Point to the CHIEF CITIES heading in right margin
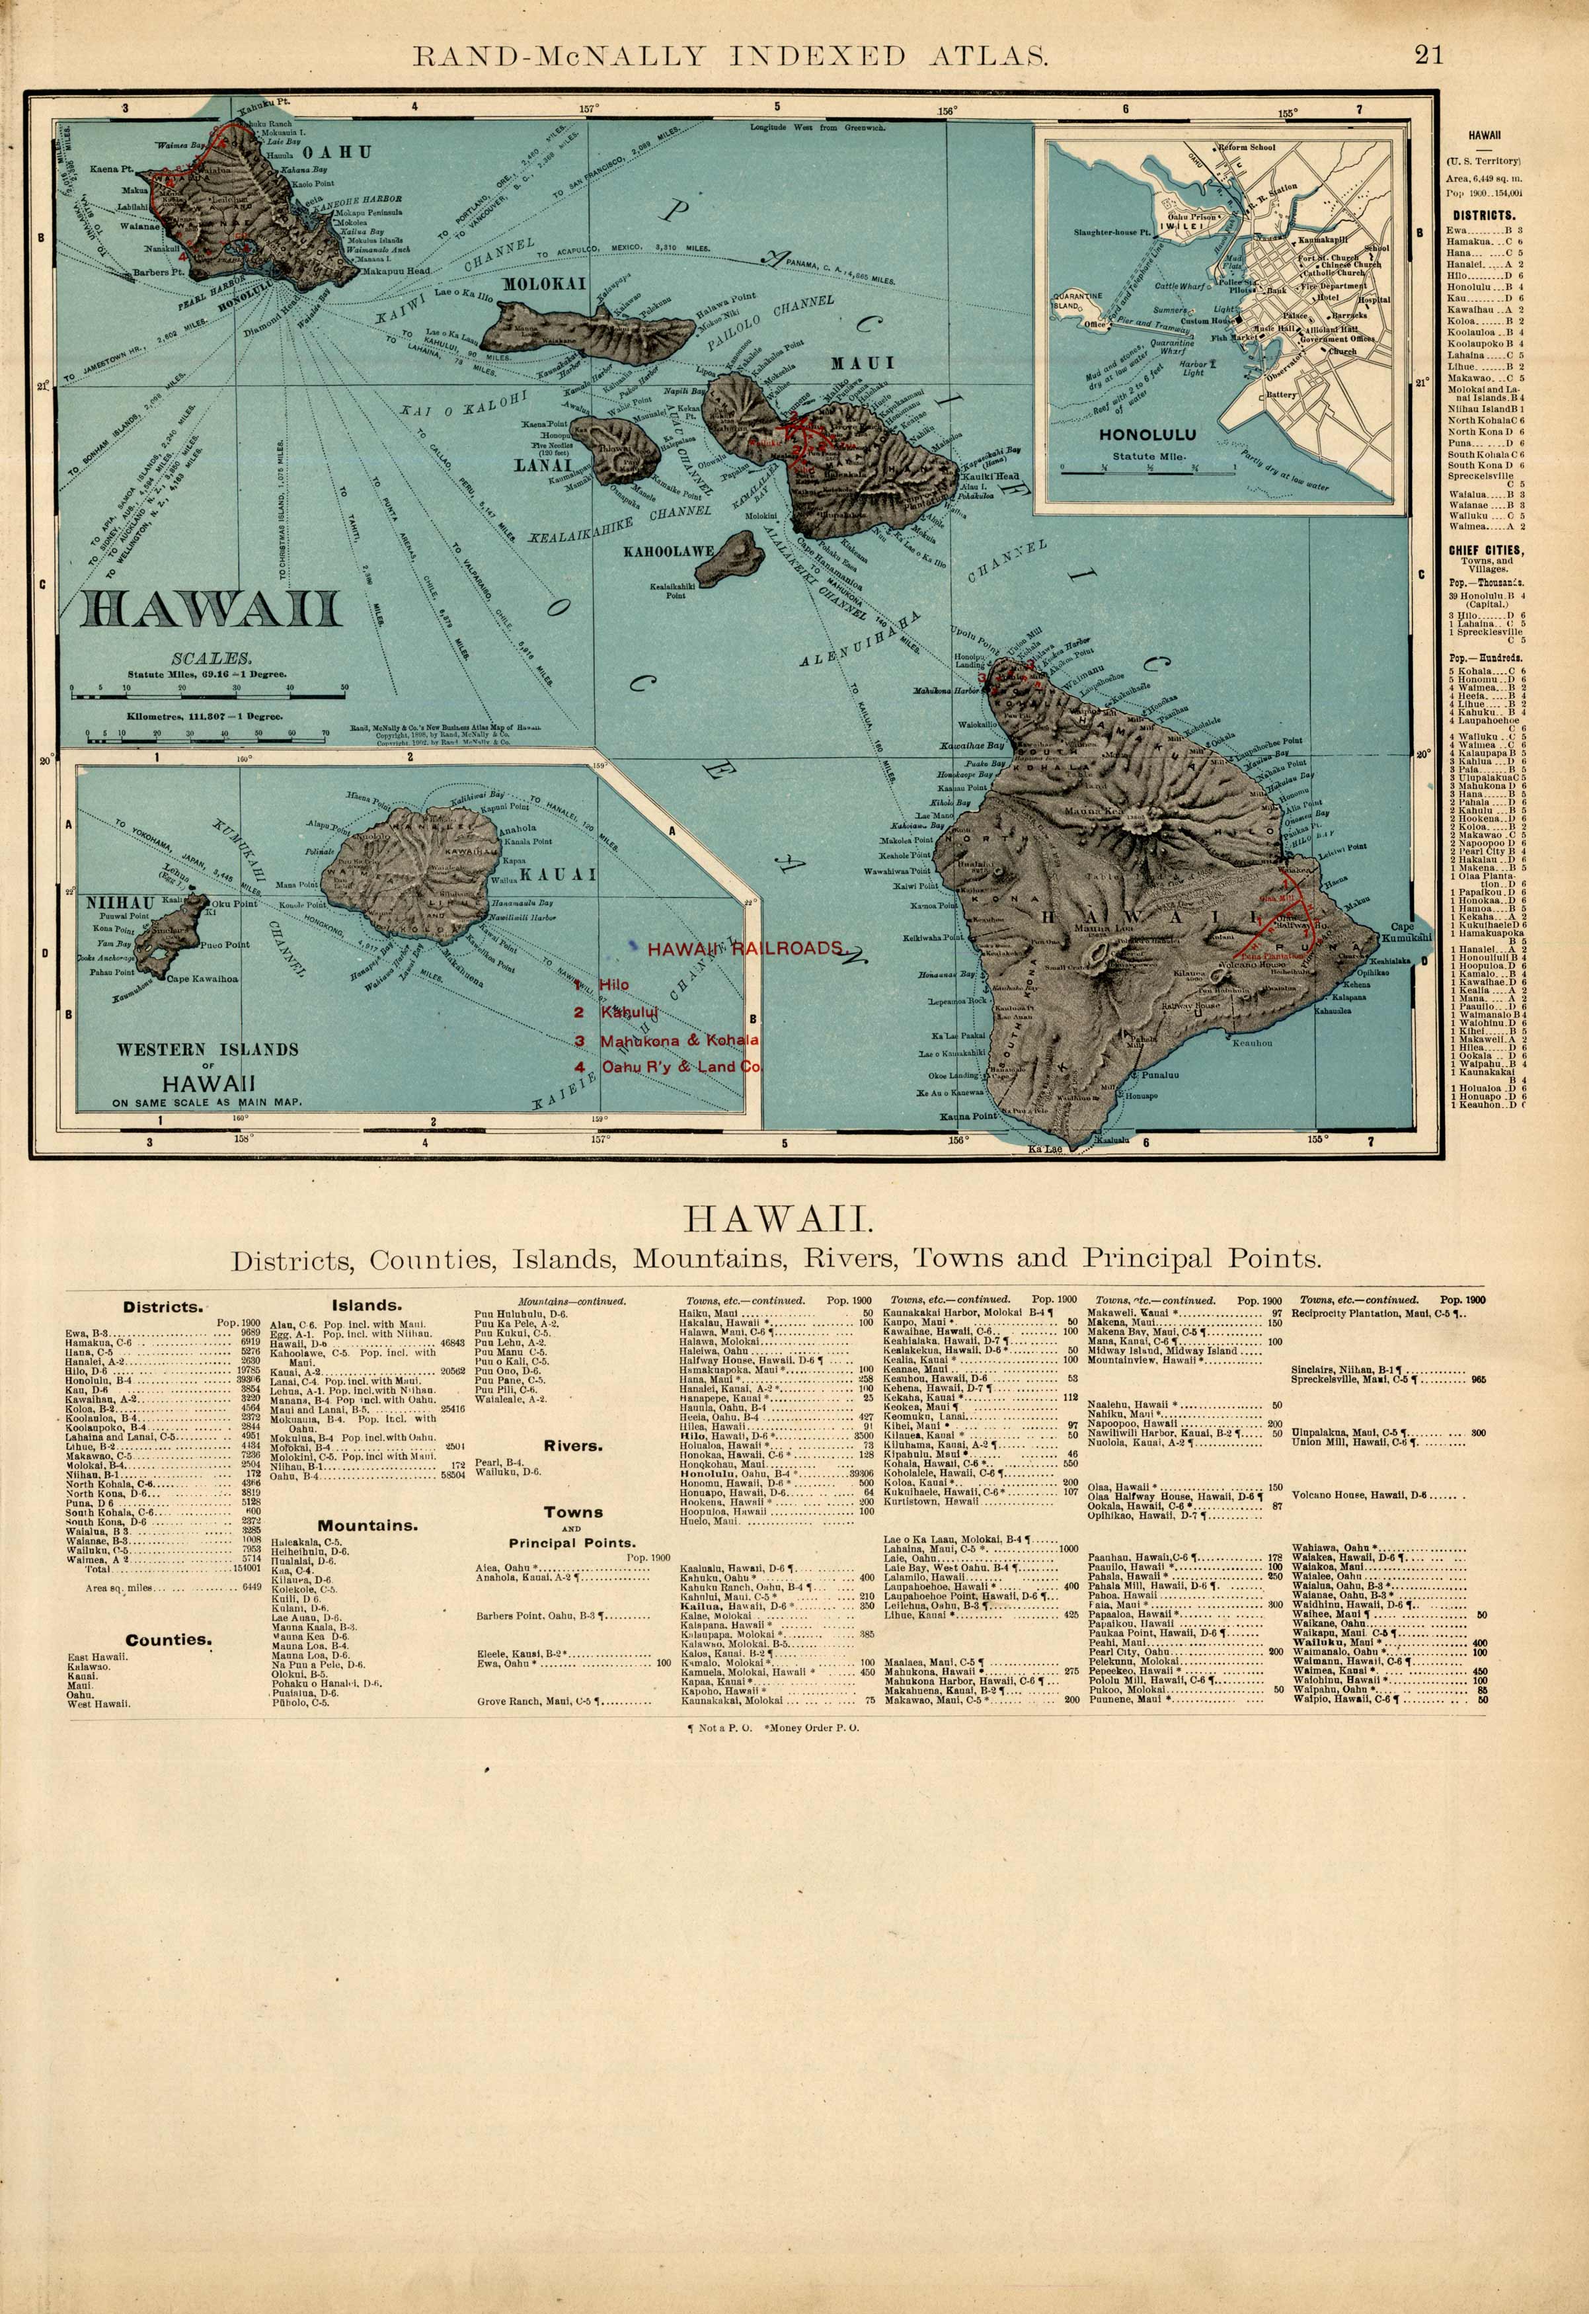tap(1485, 549)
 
